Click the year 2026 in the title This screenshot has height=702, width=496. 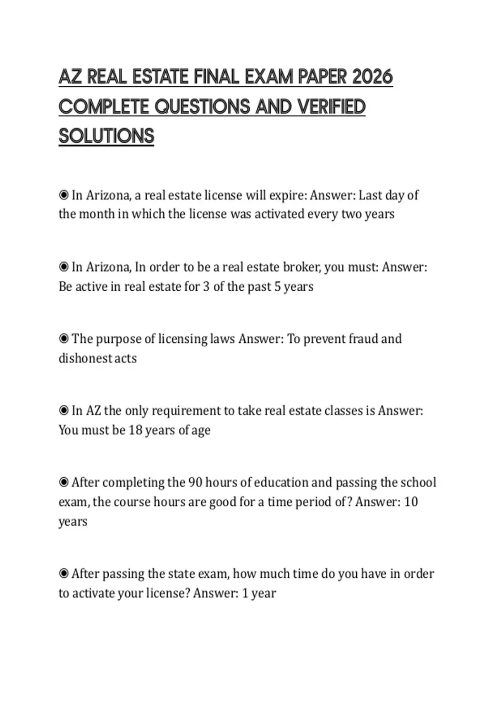372,77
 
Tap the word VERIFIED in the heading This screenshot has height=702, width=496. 331,107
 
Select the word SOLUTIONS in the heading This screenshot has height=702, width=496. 106,136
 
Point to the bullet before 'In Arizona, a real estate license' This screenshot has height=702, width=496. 64,195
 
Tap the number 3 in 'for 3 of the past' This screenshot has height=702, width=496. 206,286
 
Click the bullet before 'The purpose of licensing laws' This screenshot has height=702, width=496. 64,339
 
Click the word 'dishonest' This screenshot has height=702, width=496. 85,358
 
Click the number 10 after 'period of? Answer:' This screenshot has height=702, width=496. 411,502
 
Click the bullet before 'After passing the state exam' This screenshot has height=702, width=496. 64,574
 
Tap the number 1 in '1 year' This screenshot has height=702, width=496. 245,593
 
